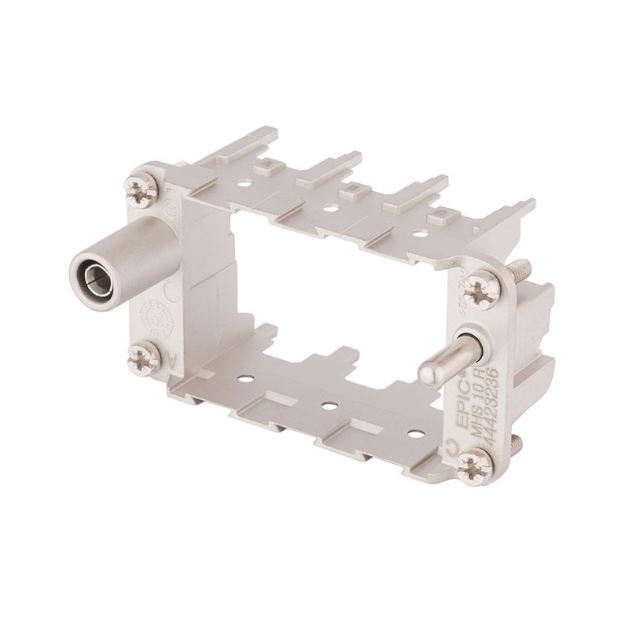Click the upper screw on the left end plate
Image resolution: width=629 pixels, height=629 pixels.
(141, 189)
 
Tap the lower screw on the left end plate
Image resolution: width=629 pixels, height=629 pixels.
(144, 359)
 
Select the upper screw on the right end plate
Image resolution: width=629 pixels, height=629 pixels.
(481, 291)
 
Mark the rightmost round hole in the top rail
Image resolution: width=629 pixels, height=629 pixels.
(422, 233)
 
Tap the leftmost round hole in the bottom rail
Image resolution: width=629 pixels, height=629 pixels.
(247, 378)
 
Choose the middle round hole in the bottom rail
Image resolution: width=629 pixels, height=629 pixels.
(330, 405)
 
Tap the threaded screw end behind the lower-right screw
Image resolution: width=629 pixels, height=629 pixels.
(516, 445)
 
